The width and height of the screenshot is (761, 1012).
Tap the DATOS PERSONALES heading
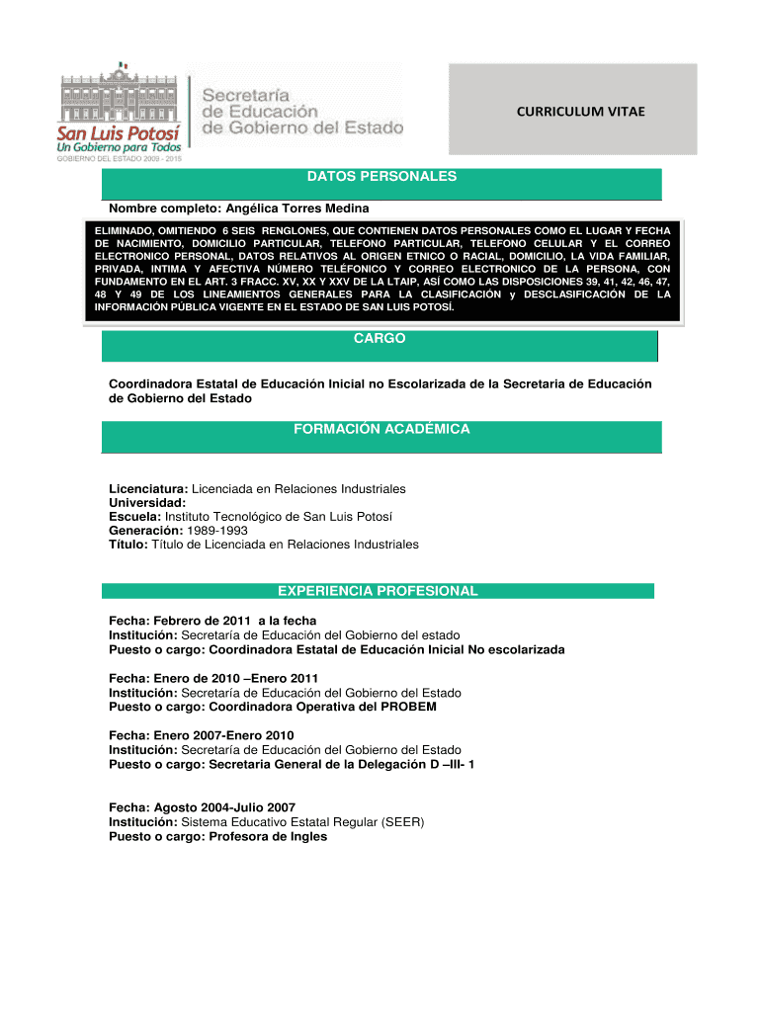381,177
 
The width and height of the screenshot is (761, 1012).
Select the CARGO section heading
380,339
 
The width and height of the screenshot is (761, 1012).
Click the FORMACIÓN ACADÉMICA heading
381,429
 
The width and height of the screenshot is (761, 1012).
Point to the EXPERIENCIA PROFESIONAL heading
378,591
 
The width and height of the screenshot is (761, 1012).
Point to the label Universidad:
147,503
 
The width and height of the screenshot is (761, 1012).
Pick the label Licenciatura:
148,489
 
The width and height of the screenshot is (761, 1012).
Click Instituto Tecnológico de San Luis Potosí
278,517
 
